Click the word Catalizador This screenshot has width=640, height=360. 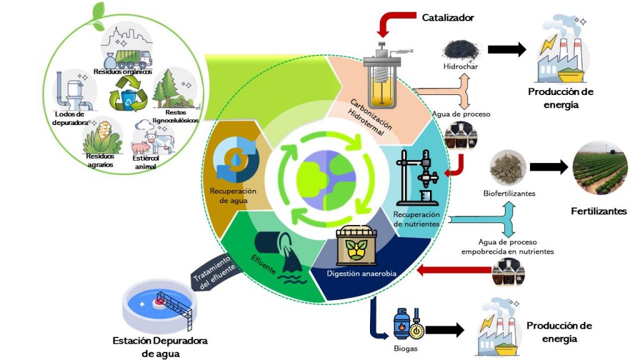[447, 18]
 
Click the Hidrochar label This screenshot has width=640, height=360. [461, 67]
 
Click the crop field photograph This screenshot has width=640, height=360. [601, 167]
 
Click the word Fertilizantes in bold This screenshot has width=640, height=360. [598, 211]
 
